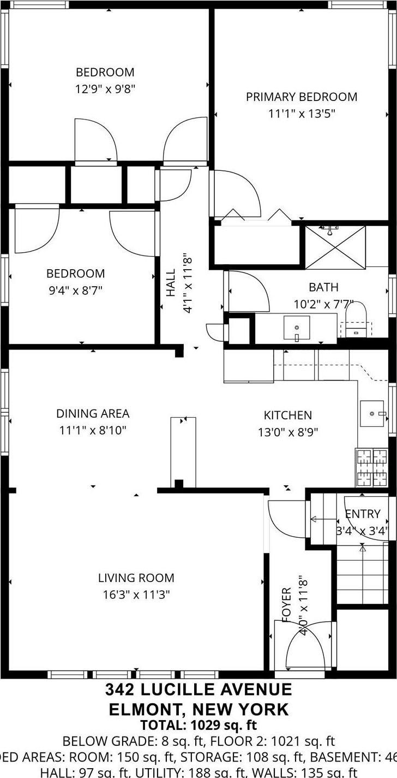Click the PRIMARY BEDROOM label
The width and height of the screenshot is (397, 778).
click(302, 97)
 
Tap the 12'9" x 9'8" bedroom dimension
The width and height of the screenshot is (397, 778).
click(105, 88)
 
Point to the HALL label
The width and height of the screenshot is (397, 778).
click(171, 282)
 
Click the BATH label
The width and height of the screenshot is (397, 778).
click(323, 287)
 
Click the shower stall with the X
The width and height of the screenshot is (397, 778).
click(335, 247)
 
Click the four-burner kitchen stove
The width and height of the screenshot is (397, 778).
click(372, 467)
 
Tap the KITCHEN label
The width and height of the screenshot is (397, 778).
click(288, 415)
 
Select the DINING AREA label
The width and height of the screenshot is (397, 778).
click(93, 414)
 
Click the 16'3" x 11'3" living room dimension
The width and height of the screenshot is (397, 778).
click(136, 595)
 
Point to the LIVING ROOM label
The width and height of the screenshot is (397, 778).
click(136, 578)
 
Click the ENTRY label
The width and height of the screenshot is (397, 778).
click(363, 514)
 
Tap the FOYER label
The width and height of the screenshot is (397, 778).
click(287, 604)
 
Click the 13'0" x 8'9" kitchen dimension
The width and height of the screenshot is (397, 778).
click(288, 432)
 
